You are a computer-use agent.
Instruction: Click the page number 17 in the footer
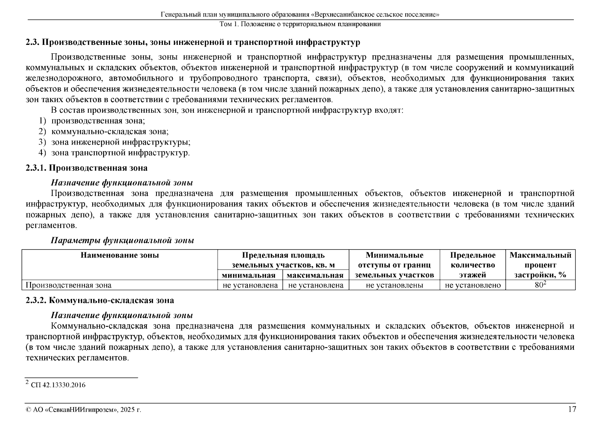(572, 410)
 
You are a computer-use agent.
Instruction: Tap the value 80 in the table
(539, 285)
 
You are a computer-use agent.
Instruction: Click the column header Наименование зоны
(120, 255)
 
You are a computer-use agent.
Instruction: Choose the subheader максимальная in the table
(315, 275)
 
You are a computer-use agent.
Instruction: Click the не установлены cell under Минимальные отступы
(394, 285)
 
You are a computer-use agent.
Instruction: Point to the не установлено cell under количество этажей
(473, 285)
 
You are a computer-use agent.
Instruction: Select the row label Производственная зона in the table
(69, 285)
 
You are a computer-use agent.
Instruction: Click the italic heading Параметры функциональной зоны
(122, 241)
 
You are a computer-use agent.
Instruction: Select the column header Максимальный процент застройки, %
(540, 265)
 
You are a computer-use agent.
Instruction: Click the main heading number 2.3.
(32, 42)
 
